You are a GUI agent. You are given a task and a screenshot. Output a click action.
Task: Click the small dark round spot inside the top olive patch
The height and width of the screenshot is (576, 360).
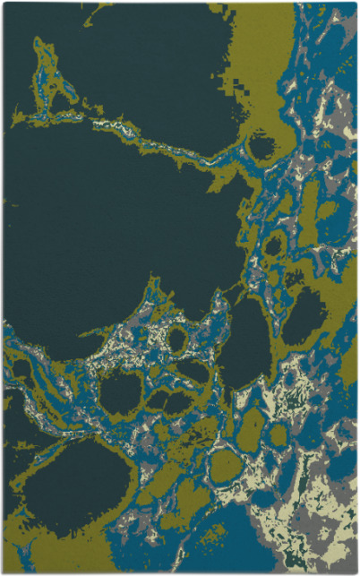click(x=261, y=144)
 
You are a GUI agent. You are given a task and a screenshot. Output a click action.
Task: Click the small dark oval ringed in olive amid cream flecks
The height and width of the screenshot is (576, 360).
click(x=177, y=339)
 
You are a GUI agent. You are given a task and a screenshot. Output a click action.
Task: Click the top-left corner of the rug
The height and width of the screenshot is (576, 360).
click(x=4, y=4)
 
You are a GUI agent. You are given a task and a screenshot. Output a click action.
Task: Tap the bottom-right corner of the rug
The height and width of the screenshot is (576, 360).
click(x=356, y=572)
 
